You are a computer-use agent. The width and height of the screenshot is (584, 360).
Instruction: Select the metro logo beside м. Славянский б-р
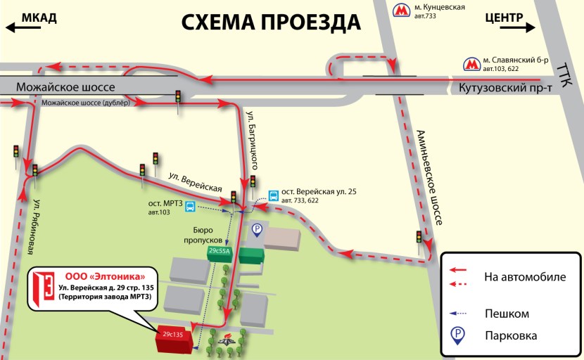(471, 65)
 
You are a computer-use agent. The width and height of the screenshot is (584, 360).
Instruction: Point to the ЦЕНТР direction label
(504, 17)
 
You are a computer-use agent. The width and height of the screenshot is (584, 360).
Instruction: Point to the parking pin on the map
(258, 229)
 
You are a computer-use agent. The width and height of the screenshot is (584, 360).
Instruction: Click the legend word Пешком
(507, 314)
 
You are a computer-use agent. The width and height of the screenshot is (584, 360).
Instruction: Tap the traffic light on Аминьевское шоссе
(421, 238)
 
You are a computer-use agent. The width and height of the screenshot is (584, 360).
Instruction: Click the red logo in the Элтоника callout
(44, 286)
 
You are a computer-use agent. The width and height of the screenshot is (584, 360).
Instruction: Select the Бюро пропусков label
(208, 234)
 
